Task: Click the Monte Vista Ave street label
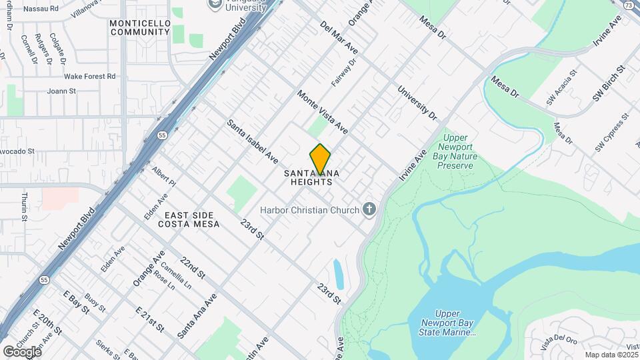point(323,111)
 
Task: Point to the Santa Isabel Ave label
point(252,142)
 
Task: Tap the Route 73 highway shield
point(629,5)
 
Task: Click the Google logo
point(22,351)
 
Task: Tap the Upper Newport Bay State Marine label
point(455,323)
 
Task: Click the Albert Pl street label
point(163,177)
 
